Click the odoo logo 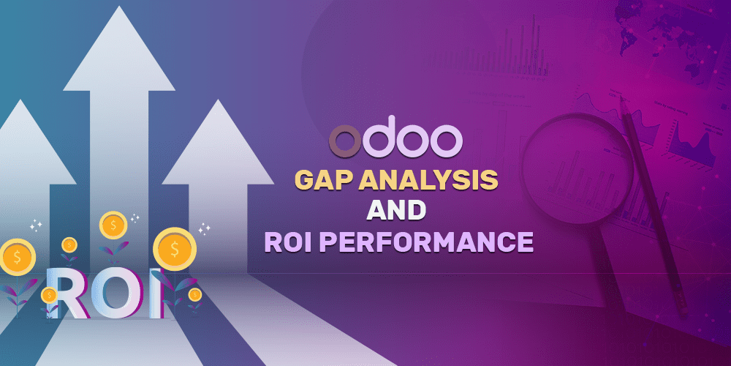[395, 140]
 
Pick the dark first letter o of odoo [346, 142]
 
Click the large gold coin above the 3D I [174, 249]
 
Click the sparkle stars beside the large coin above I [204, 230]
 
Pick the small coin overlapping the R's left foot [49, 295]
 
